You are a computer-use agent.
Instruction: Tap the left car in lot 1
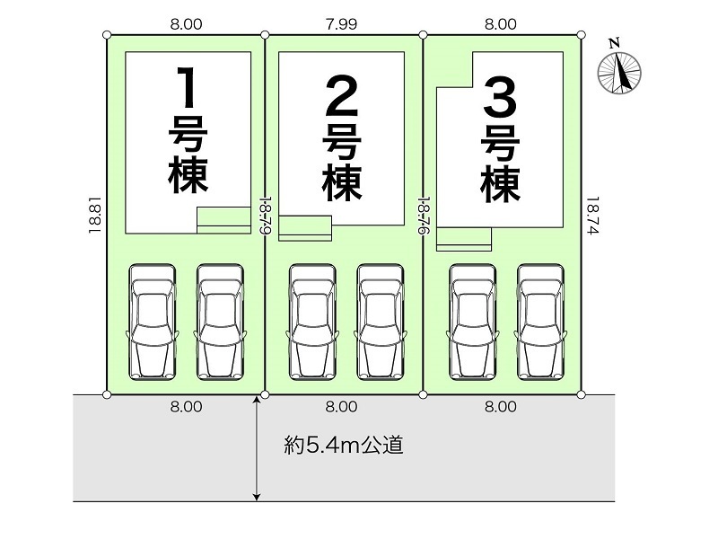point(152,321)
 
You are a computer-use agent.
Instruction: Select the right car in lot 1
point(220,321)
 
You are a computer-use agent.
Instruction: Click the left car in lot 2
point(311,321)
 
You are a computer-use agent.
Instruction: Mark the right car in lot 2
point(380,321)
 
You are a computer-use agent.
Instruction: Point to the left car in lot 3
point(472,321)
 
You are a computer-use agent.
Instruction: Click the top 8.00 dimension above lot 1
point(185,24)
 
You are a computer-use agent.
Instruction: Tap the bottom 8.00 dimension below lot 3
point(501,406)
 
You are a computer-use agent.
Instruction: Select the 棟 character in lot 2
point(342,182)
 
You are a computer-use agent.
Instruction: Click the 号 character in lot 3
point(501,141)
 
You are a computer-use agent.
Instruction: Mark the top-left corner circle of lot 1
point(107,36)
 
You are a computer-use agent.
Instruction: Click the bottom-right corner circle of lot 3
point(581,393)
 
